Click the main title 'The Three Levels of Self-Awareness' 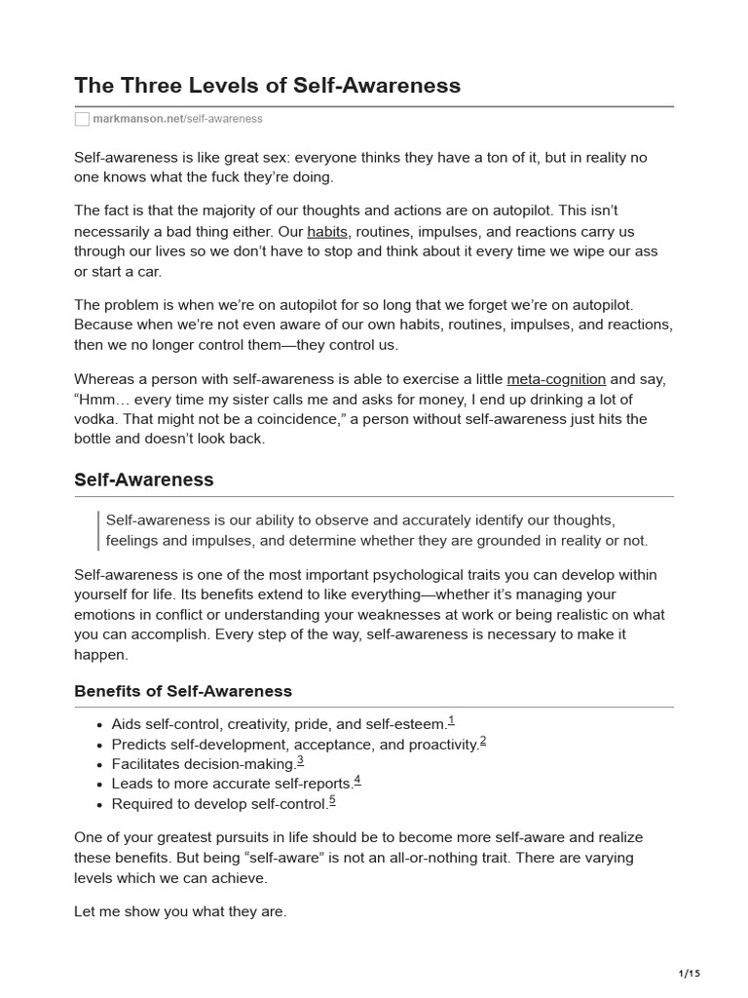pyautogui.click(x=268, y=85)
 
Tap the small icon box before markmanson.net pyautogui.click(x=82, y=119)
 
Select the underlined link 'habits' pyautogui.click(x=327, y=232)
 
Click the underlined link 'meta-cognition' pyautogui.click(x=556, y=379)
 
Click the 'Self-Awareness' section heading pyautogui.click(x=144, y=480)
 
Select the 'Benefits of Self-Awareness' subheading pyautogui.click(x=183, y=691)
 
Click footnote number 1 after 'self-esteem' pyautogui.click(x=452, y=721)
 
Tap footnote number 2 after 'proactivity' pyautogui.click(x=483, y=742)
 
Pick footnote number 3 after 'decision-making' pyautogui.click(x=301, y=761)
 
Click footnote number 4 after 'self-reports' pyautogui.click(x=358, y=781)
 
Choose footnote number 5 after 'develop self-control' pyautogui.click(x=333, y=801)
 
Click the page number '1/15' pyautogui.click(x=689, y=973)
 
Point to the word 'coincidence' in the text pyautogui.click(x=294, y=419)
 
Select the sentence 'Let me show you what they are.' pyautogui.click(x=180, y=913)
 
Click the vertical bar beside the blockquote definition pyautogui.click(x=99, y=530)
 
